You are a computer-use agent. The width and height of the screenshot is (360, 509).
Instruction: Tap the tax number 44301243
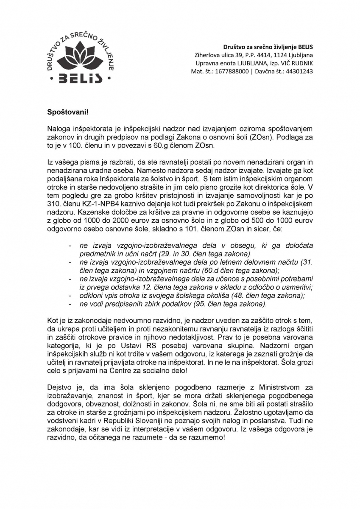coord(299,71)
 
